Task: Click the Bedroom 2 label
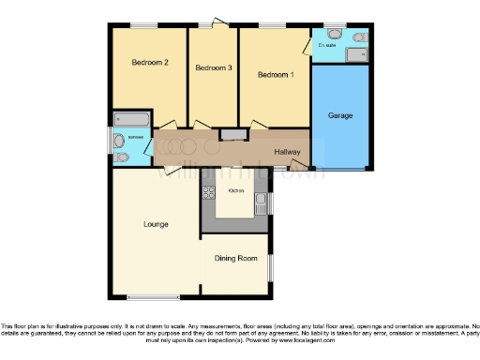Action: tap(149, 63)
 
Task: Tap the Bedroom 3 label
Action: tap(213, 67)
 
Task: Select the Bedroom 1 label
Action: tap(276, 74)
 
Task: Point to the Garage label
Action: tap(339, 114)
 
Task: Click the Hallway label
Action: tap(286, 152)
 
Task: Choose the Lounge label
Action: tap(156, 224)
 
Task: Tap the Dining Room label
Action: tap(235, 258)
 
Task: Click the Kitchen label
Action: tap(236, 190)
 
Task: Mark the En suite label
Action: tap(327, 44)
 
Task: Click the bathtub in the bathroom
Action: tap(128, 120)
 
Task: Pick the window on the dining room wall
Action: tap(271, 266)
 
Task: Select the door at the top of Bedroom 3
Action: tap(217, 22)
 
